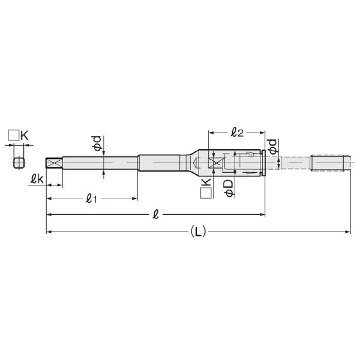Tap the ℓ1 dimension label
pyautogui.click(x=91, y=199)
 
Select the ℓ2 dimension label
pyautogui.click(x=237, y=133)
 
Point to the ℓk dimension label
pyautogui.click(x=37, y=179)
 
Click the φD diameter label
pyautogui.click(x=229, y=188)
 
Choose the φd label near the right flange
pyautogui.click(x=273, y=146)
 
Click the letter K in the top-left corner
pyautogui.click(x=25, y=136)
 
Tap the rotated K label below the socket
pyautogui.click(x=206, y=182)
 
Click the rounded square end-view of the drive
pyautogui.click(x=19, y=163)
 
